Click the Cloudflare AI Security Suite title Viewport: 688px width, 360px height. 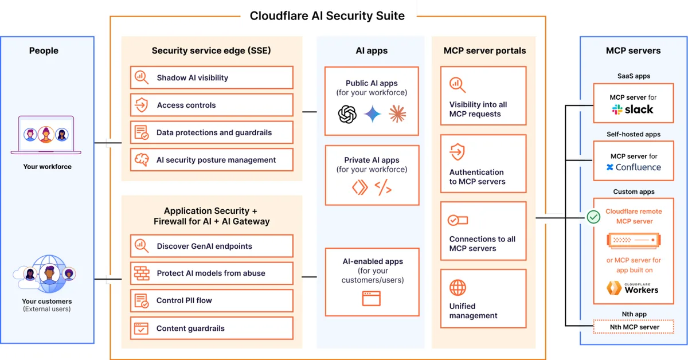pyautogui.click(x=327, y=15)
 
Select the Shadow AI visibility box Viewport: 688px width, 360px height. pyautogui.click(x=212, y=77)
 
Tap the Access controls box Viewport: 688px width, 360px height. pyautogui.click(x=212, y=105)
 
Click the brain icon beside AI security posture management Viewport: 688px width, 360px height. pyautogui.click(x=141, y=160)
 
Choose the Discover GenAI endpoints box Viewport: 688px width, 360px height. pyautogui.click(x=212, y=246)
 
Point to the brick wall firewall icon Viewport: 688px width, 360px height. pyautogui.click(x=141, y=273)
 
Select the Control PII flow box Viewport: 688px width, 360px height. pyautogui.click(x=212, y=300)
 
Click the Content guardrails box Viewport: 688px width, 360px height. pyautogui.click(x=212, y=328)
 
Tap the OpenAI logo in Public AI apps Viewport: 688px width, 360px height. pyautogui.click(x=347, y=114)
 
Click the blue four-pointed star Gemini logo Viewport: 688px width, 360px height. pyautogui.click(x=372, y=114)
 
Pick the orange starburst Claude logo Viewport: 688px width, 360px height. pyautogui.click(x=397, y=114)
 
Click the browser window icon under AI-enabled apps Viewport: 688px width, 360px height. pyautogui.click(x=372, y=298)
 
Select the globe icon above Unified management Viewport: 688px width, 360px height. pyautogui.click(x=458, y=287)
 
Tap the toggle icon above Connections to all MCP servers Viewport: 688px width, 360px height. pyautogui.click(x=458, y=220)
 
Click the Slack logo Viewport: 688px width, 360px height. pyautogui.click(x=632, y=109)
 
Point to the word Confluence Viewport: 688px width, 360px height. pyautogui.click(x=638, y=167)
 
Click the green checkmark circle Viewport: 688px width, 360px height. pyautogui.click(x=593, y=217)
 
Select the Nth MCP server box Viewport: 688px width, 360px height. pyautogui.click(x=634, y=327)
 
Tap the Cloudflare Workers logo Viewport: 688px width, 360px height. pyautogui.click(x=633, y=288)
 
